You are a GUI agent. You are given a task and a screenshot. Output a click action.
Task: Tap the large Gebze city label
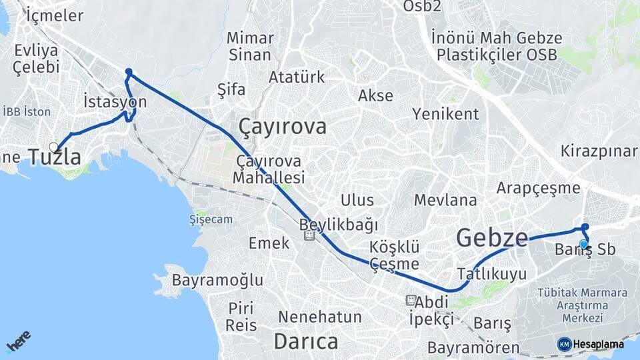point(492,237)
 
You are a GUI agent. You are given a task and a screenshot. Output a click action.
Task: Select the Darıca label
point(306,341)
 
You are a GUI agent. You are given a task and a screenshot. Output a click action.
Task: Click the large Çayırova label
point(283,127)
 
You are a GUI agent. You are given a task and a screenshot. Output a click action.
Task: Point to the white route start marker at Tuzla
point(53,147)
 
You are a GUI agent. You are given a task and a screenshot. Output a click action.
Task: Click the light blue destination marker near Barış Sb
point(583,244)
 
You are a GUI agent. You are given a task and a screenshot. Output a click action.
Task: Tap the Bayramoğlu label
point(217,280)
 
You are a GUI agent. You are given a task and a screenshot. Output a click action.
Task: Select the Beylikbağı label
point(339,224)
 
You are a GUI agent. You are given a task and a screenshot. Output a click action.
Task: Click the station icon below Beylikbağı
point(309,236)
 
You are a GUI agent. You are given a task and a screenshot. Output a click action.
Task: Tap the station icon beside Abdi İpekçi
point(410,301)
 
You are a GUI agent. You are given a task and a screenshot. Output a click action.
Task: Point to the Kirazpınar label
point(599,150)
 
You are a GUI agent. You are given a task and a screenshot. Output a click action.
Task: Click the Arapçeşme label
point(538,188)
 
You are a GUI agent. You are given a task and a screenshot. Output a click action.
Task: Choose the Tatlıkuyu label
point(492,273)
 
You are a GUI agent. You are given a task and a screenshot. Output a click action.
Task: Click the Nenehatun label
point(320,317)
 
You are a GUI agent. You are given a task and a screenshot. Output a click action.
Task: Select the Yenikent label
point(445,114)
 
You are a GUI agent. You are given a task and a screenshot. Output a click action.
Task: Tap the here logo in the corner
point(18,341)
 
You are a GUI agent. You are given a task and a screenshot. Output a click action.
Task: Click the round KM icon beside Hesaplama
point(564,344)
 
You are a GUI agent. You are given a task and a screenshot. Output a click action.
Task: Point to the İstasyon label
point(115,102)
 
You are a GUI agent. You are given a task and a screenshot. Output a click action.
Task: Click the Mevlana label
point(445,200)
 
